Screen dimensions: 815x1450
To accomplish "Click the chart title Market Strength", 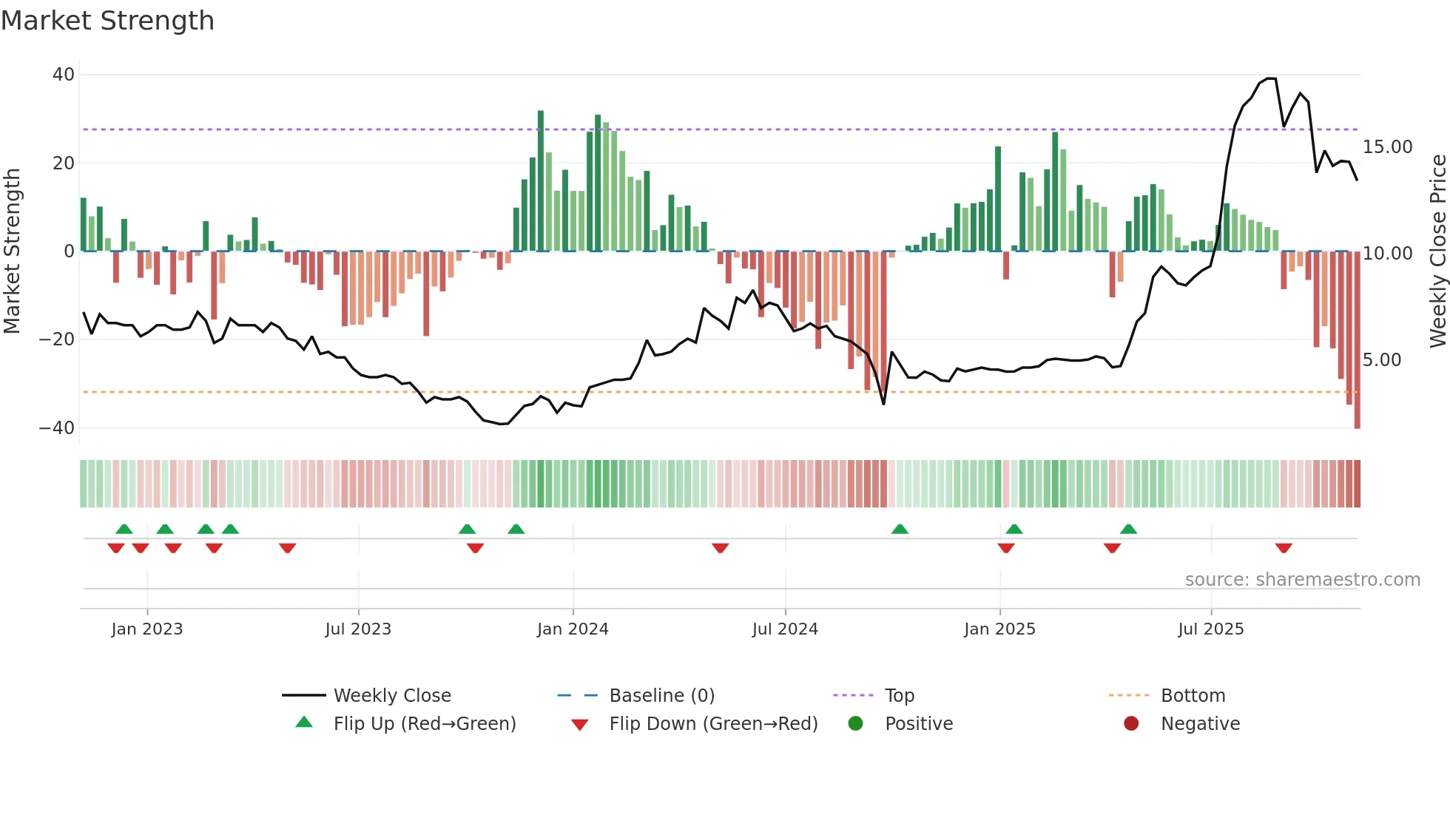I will coord(107,21).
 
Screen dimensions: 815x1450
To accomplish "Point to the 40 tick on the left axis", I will coord(64,75).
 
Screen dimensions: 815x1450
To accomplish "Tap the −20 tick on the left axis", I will coord(57,339).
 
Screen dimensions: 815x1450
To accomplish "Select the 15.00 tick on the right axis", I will coord(1387,147).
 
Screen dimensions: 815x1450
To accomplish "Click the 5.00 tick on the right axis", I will coord(1381,360).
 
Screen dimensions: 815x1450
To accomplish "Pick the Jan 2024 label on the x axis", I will coord(573,629).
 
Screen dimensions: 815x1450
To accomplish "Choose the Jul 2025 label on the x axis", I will coord(1210,629).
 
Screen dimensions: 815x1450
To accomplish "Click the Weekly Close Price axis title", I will coord(1437,251).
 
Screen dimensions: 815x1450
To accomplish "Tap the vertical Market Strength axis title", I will coord(13,251).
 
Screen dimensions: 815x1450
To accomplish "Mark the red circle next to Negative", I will coord(1130,724).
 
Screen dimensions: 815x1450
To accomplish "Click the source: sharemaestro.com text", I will coord(1302,580).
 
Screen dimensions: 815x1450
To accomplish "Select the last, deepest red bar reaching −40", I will coord(1357,340).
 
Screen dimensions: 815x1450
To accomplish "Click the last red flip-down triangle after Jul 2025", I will coord(1284,548).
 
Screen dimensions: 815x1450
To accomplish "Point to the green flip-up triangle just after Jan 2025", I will coord(1014,530).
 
